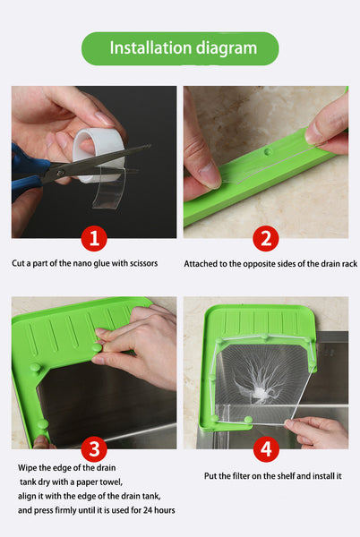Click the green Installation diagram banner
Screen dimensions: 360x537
(180, 48)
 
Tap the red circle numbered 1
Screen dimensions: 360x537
(94, 238)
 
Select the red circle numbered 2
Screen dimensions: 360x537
(266, 238)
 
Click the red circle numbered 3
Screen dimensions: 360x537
(94, 449)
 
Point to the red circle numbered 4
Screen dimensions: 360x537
(266, 449)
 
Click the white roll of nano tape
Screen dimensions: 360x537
(99, 150)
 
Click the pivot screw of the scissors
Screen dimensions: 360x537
(61, 173)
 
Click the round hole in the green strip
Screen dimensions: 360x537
(269, 151)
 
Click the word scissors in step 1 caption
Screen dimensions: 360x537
(143, 263)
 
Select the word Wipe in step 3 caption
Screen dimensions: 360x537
(28, 468)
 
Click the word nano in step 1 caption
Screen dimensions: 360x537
(82, 263)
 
